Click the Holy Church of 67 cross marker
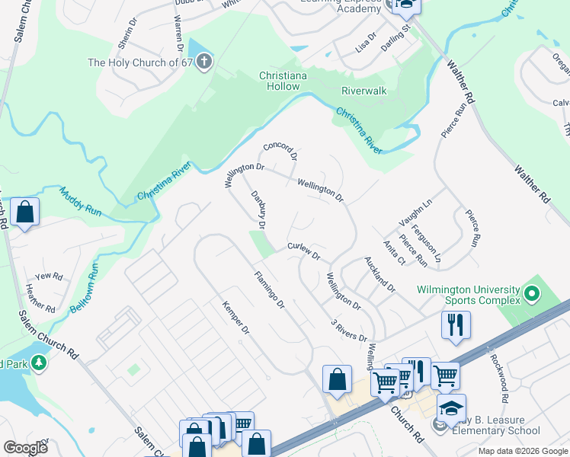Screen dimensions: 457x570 click(203, 62)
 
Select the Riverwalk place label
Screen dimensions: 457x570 click(364, 91)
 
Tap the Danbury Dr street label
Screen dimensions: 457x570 click(258, 209)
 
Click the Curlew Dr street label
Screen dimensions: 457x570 click(303, 251)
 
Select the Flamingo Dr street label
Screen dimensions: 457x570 click(269, 290)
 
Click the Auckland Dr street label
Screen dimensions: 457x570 click(379, 274)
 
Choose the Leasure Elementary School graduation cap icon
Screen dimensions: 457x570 click(451, 408)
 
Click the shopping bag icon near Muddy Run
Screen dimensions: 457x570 click(25, 213)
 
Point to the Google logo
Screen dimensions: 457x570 click(24, 448)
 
